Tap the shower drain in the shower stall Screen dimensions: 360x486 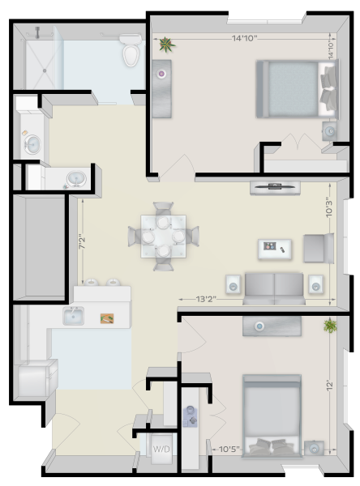point(45,70)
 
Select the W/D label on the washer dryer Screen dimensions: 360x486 point(161,449)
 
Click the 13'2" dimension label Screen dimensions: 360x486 point(206,299)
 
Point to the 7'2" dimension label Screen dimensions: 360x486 point(82,243)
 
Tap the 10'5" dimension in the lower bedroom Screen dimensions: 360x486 point(229,449)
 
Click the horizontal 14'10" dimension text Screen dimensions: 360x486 point(245,38)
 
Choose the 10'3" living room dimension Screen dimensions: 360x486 point(329,207)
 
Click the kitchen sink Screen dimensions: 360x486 point(73,316)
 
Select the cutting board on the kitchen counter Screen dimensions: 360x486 point(107,318)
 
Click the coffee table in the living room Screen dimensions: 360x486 point(275,249)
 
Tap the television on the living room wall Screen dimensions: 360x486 point(275,186)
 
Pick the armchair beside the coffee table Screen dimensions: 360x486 point(319,249)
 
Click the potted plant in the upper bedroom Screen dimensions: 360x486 point(167,44)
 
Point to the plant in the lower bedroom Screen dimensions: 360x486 point(330,326)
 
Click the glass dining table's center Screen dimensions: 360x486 point(163,237)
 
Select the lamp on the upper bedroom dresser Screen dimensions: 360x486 point(161,74)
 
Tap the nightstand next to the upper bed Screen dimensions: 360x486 point(330,131)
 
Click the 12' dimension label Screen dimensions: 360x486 point(329,386)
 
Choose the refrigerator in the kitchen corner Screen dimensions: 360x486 point(35,378)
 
